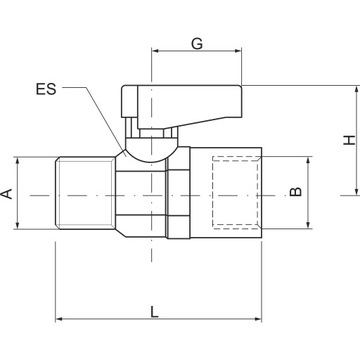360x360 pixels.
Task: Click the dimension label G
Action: (197, 44)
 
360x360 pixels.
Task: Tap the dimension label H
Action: (350, 140)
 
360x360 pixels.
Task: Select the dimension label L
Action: (154, 312)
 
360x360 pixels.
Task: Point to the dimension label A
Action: (7, 194)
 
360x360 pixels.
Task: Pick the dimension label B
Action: (295, 192)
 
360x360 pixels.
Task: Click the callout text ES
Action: (46, 89)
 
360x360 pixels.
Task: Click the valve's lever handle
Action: (182, 105)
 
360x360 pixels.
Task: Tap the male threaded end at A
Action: (85, 193)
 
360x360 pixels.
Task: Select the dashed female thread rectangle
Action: (235, 193)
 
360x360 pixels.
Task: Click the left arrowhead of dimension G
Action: (155, 51)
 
